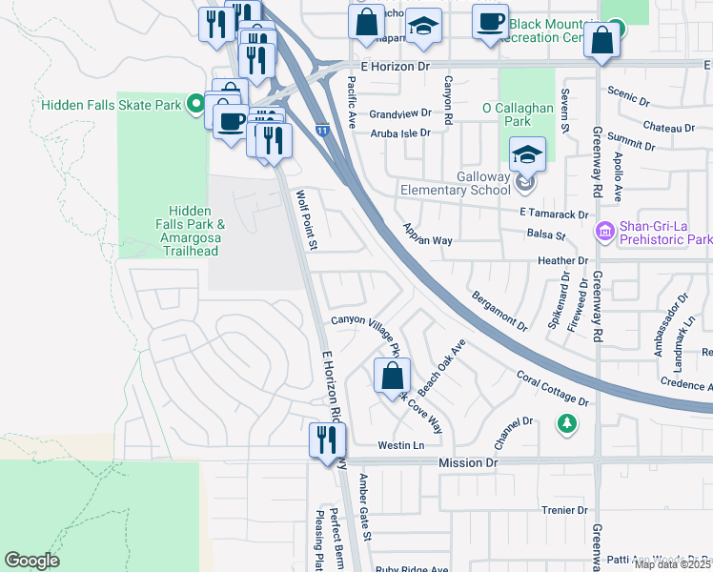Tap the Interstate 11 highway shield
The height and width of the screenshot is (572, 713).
[x=324, y=129]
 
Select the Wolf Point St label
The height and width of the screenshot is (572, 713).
[x=305, y=220]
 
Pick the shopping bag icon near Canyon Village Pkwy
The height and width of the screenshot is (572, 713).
[x=392, y=375]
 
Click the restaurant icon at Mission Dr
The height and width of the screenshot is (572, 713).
[x=324, y=439]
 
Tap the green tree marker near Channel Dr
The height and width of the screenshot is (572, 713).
[x=567, y=422]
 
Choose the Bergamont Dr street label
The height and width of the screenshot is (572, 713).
[x=499, y=311]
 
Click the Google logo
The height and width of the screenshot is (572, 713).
[x=31, y=561]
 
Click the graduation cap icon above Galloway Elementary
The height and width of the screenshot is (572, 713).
[x=528, y=153]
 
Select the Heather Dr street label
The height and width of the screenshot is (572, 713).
[x=563, y=260]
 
